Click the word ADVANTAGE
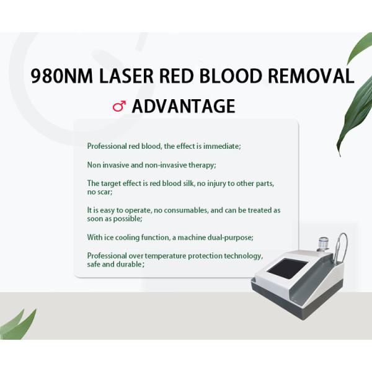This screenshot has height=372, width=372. pos(184,106)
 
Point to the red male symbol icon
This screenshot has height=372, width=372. pos(119,106)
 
